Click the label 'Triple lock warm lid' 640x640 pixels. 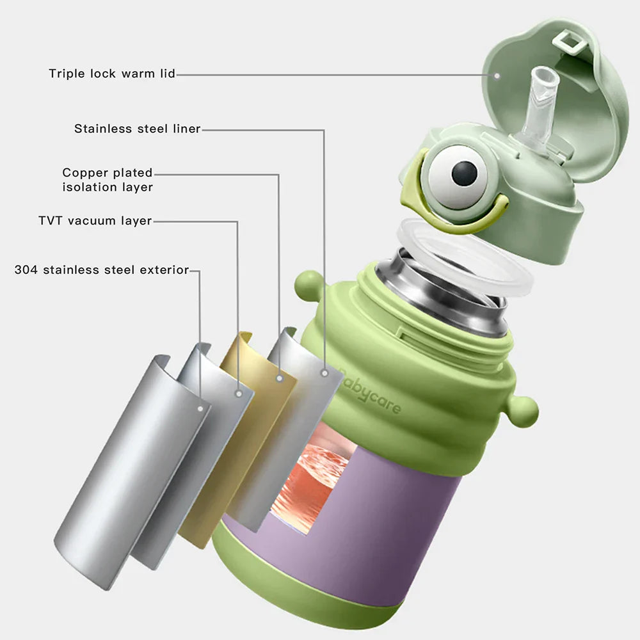[x=112, y=74]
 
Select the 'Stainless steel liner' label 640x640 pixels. [x=137, y=129]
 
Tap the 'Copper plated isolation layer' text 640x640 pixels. [x=108, y=180]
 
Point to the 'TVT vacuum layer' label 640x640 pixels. [x=95, y=221]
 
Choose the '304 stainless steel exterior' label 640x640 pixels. [x=102, y=269]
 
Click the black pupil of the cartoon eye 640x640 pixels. [x=464, y=173]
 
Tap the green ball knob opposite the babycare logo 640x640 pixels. [x=308, y=282]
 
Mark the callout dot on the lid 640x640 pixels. [x=497, y=75]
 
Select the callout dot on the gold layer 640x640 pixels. [x=279, y=378]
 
